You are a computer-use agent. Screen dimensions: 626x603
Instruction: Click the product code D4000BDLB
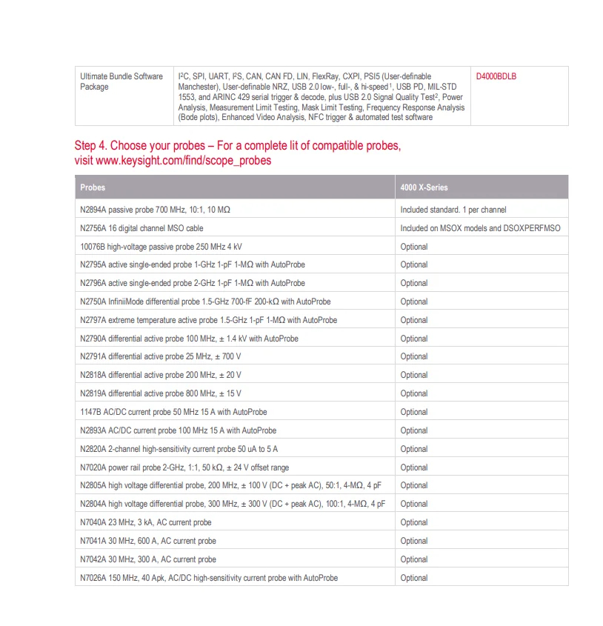point(496,76)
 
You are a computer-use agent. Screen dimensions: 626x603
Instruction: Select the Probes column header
point(93,187)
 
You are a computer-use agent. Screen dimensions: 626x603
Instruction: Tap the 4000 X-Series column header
point(424,187)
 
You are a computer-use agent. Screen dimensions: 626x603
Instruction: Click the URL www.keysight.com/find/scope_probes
point(173,160)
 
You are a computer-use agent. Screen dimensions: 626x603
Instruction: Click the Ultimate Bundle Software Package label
point(121,81)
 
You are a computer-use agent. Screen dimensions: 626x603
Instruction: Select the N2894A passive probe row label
point(155,210)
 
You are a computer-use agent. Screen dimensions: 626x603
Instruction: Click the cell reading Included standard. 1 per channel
point(453,210)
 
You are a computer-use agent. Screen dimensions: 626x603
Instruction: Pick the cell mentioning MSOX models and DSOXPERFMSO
point(480,228)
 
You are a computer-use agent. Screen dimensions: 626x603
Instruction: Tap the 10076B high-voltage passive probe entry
point(161,246)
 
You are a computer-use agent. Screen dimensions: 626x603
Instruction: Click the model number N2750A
point(93,302)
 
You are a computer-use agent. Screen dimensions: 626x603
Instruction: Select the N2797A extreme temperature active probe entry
point(208,320)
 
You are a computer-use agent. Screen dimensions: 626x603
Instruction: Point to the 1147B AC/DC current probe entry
point(173,412)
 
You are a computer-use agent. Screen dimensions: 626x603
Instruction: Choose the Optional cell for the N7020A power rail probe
point(414,467)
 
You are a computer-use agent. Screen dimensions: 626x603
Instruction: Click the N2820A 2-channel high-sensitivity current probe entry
point(179,449)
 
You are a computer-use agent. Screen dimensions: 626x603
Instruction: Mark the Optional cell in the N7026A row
point(414,578)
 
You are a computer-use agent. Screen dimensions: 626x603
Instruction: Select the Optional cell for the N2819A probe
point(414,393)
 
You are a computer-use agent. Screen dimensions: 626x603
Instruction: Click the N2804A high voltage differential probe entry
point(233,504)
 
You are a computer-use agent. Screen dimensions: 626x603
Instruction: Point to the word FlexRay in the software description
point(327,76)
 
